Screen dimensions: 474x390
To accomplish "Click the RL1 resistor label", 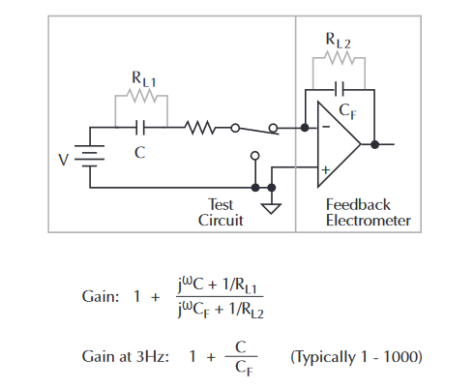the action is pos(144,79).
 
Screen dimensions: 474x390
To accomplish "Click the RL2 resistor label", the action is pos(338,41).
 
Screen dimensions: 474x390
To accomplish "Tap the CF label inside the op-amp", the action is pos(348,111).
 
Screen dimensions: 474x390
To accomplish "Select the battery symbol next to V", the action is pos(90,156).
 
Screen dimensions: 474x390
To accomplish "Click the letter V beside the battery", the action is pos(64,160).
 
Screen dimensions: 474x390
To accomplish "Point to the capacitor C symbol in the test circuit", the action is pos(140,128).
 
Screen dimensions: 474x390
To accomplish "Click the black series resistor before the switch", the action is pos(200,128).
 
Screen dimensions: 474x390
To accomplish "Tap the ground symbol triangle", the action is pos(272,208).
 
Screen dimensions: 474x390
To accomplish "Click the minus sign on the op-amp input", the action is pos(326,127).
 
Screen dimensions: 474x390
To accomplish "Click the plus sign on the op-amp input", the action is pos(326,169).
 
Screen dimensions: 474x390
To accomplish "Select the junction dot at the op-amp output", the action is pos(374,144).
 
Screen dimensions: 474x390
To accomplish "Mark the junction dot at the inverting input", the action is pos(305,128).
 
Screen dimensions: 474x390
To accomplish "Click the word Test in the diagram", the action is pos(221,204).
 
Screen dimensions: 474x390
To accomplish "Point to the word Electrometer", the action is pos(369,221).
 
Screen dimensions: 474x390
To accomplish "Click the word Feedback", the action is pos(358,204).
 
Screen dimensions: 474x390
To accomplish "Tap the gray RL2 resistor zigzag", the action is pos(340,58).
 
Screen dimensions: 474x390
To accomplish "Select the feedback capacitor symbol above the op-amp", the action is pos(340,89).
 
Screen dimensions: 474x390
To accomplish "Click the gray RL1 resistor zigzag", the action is pos(141,96).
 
